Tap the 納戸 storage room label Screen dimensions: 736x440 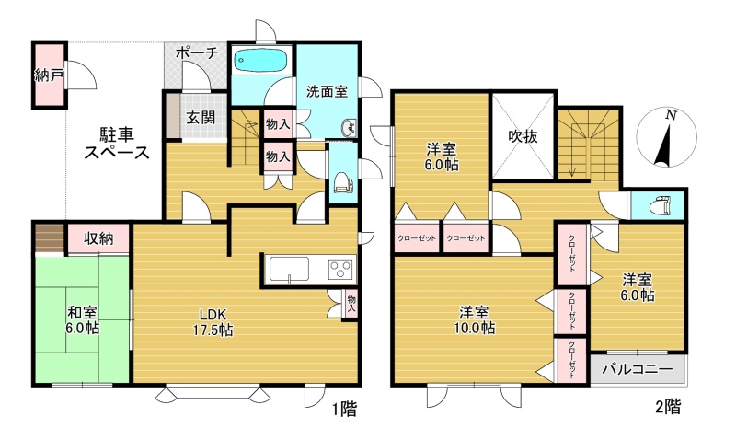pyautogui.click(x=50, y=75)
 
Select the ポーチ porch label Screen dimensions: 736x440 pyautogui.click(x=197, y=52)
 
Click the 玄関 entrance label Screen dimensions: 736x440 pyautogui.click(x=201, y=118)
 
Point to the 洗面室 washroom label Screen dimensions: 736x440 pyautogui.click(x=327, y=91)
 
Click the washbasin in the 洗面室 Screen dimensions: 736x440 pyautogui.click(x=349, y=127)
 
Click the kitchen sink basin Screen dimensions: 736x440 pyautogui.click(x=289, y=270)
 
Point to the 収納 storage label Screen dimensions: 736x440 pyautogui.click(x=98, y=238)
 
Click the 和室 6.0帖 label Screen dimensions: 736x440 pyautogui.click(x=82, y=319)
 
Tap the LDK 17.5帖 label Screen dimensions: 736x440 pyautogui.click(x=213, y=322)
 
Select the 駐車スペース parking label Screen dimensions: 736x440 pyautogui.click(x=117, y=144)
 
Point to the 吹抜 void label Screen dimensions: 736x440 pyautogui.click(x=523, y=136)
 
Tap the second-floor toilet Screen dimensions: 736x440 pyautogui.click(x=660, y=205)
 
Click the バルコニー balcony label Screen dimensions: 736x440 pyautogui.click(x=638, y=368)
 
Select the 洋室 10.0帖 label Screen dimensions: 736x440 pyautogui.click(x=474, y=319)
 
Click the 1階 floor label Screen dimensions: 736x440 pyautogui.click(x=344, y=410)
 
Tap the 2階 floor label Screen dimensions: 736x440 pyautogui.click(x=668, y=406)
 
